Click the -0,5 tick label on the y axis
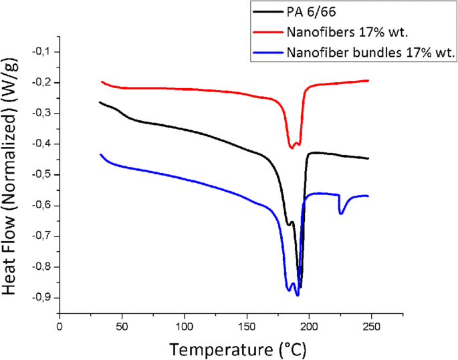[x=42, y=175]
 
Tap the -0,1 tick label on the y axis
[x=42, y=52]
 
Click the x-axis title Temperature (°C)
[x=238, y=349]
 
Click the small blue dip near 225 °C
[x=341, y=213]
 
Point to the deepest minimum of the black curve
[x=300, y=287]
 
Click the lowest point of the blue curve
[x=297, y=295]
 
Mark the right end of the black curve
[x=368, y=158]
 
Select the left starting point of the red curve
[x=102, y=81]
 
